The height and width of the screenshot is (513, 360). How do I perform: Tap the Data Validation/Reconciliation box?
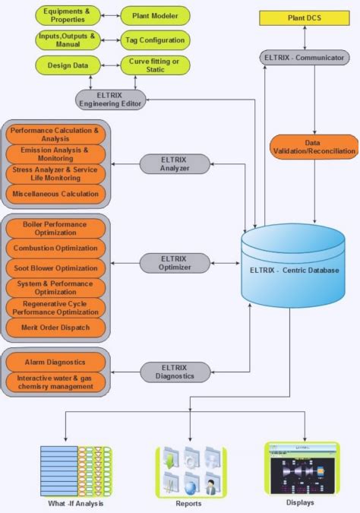point(313,147)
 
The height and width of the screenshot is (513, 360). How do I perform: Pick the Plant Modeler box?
point(155,14)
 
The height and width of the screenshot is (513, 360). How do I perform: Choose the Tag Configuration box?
point(155,40)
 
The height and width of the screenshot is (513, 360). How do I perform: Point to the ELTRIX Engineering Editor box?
point(110,99)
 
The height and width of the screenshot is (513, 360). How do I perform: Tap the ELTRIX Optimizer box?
point(174,263)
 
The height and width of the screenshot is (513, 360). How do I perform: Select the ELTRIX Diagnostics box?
point(174,372)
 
